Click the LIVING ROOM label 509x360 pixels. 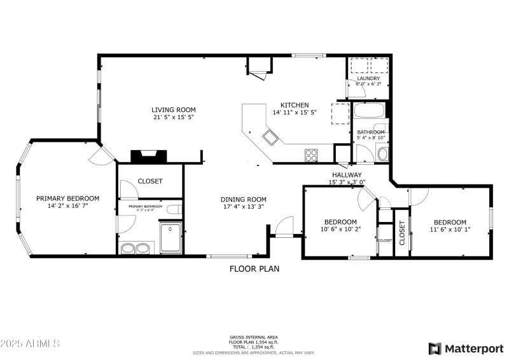173,109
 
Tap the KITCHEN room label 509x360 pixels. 295,105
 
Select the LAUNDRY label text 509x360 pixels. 368,78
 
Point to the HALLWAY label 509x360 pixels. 346,175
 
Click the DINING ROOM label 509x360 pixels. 243,199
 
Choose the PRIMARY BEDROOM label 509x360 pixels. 67,198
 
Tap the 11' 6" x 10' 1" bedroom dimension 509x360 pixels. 450,230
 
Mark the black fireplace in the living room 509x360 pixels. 148,156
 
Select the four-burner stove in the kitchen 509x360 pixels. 312,154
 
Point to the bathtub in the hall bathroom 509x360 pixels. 370,112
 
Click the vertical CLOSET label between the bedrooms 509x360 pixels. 402,232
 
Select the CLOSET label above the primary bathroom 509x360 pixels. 150,181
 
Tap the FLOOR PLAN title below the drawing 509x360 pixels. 254,269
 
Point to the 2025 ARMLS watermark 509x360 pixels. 31,344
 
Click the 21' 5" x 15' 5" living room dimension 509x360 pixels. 173,117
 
